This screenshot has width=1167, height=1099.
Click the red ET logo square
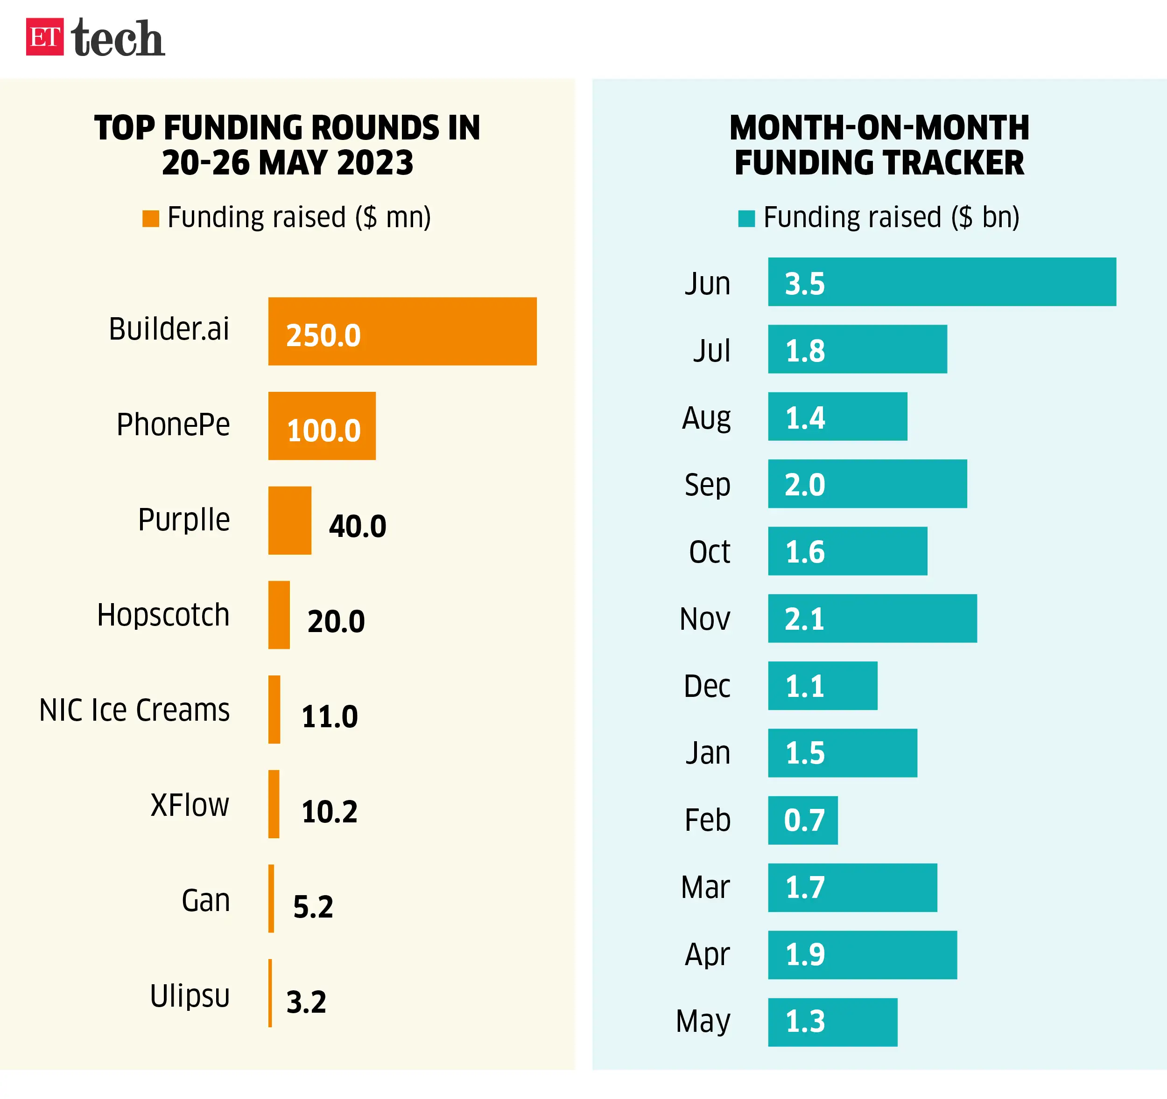tap(45, 37)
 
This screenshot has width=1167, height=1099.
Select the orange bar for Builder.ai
tap(402, 332)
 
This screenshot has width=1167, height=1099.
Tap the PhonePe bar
tap(322, 426)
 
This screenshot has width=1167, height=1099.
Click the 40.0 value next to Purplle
tap(358, 526)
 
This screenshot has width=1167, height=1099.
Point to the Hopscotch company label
tap(163, 615)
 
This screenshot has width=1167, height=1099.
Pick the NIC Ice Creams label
tap(134, 710)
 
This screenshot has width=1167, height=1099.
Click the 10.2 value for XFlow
tap(329, 812)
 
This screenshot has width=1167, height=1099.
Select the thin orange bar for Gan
tap(271, 898)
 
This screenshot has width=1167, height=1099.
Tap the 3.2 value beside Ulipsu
tap(306, 1002)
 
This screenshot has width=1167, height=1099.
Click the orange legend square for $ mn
tap(151, 218)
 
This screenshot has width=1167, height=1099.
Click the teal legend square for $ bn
tap(746, 218)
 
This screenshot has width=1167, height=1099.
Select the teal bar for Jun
tap(942, 282)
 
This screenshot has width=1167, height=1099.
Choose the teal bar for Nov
tap(872, 619)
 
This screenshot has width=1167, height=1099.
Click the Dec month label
tap(707, 686)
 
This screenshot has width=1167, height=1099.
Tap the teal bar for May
tap(832, 1022)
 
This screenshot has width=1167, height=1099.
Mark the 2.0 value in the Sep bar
tap(805, 485)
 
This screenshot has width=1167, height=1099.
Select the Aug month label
tap(706, 418)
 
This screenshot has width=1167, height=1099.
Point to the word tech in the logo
tap(118, 38)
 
